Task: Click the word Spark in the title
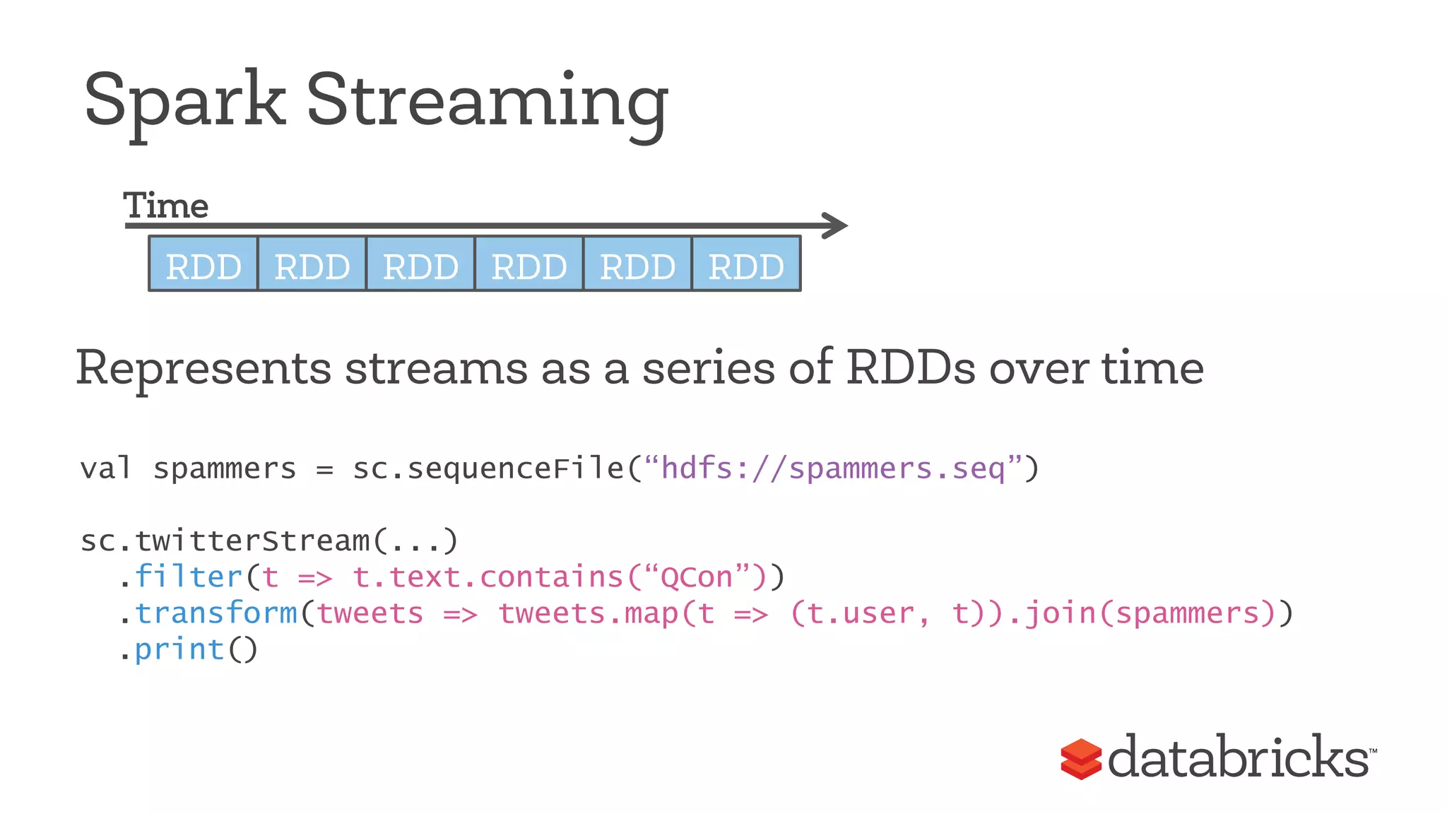coord(184,101)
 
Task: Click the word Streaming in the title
coord(487,101)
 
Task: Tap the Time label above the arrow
coord(166,206)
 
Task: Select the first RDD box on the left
coord(203,265)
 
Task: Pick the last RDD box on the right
coord(746,265)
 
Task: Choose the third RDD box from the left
coord(420,265)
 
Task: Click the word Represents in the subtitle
coord(203,368)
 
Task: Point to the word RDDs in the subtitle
coord(911,368)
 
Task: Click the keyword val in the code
coord(105,468)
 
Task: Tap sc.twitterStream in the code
coord(226,541)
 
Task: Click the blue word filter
coord(188,577)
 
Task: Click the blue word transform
coord(216,613)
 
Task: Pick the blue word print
coord(179,649)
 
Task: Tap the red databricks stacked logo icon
coord(1080,759)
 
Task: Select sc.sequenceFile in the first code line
coord(488,468)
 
